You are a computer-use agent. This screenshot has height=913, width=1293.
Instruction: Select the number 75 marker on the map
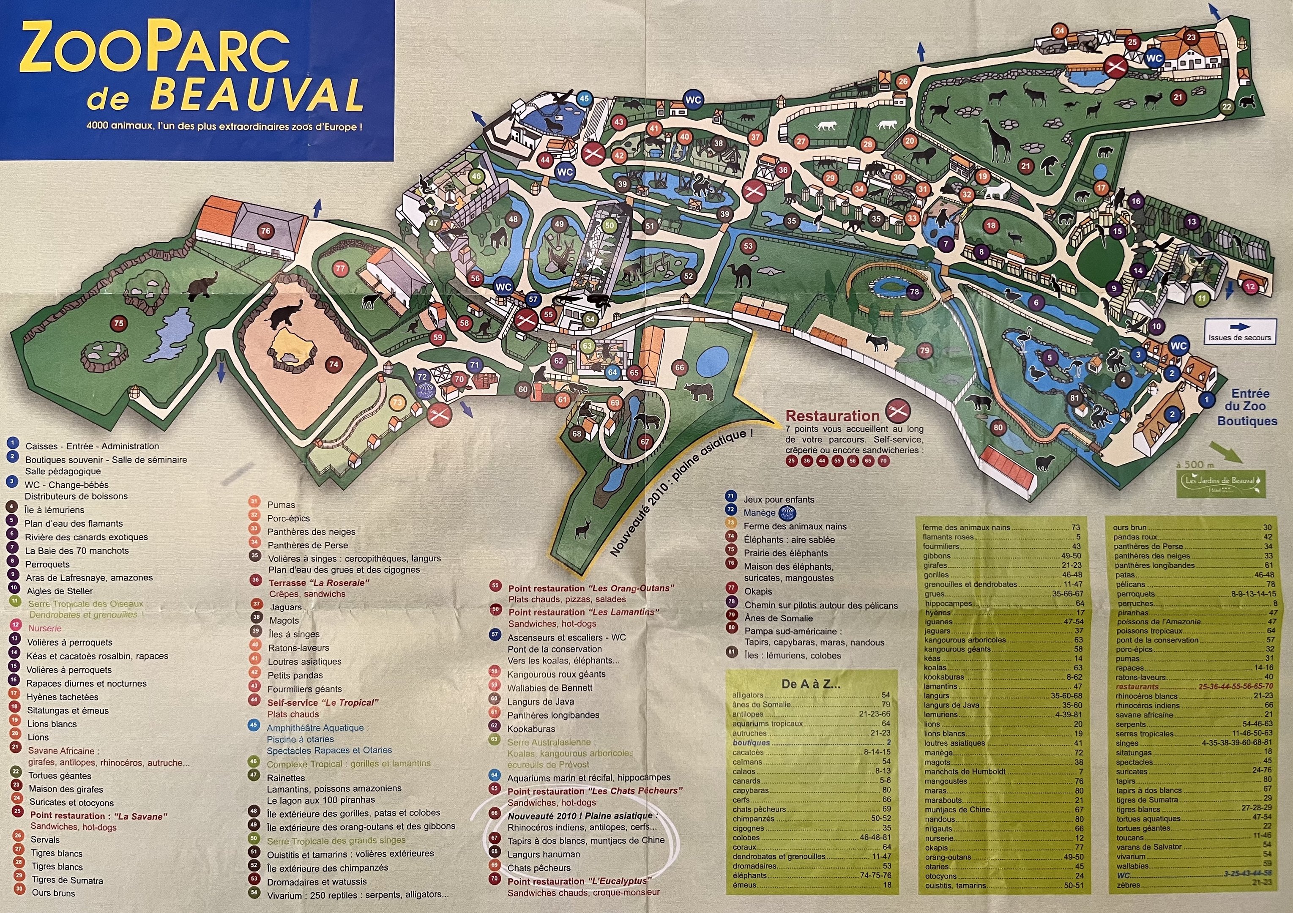(x=118, y=323)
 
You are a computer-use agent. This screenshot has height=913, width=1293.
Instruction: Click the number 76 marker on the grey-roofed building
(x=266, y=231)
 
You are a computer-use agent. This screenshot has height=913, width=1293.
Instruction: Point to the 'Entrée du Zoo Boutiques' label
(x=1246, y=407)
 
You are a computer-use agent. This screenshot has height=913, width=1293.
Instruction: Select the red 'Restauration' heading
(x=832, y=416)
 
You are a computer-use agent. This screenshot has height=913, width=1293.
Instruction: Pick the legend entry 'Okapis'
(x=758, y=591)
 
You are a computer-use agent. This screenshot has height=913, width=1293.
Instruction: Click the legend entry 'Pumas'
(x=281, y=505)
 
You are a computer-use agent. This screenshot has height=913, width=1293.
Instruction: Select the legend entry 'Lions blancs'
(x=52, y=724)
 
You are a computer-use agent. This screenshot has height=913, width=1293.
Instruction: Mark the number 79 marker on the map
(x=924, y=351)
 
